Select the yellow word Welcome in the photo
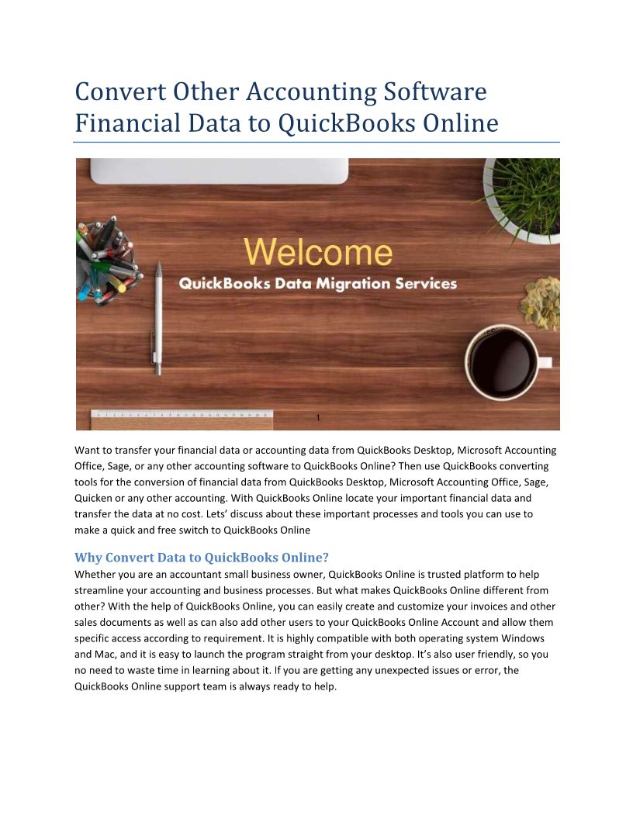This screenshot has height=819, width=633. tap(318, 253)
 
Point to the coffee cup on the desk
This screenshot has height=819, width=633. tap(503, 362)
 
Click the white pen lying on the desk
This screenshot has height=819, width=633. tap(158, 318)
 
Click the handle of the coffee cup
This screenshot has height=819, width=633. tap(545, 362)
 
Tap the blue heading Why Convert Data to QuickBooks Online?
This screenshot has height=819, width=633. tap(202, 558)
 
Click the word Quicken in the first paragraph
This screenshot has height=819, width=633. tap(93, 498)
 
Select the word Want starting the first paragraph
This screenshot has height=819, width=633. tap(88, 450)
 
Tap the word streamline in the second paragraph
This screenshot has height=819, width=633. tap(101, 590)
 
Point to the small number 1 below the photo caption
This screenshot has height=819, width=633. tap(318, 419)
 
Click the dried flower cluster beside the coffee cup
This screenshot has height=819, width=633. tap(541, 302)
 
